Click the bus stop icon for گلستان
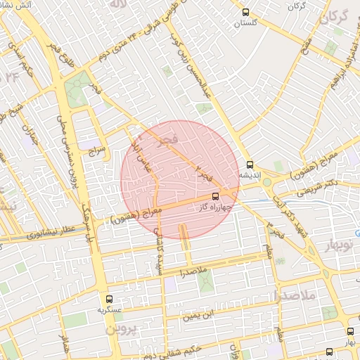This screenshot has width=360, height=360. click(x=245, y=12)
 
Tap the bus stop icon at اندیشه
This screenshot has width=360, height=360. click(x=250, y=164)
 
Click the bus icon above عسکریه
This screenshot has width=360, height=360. click(x=108, y=299)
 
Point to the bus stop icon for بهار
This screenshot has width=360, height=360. click(x=350, y=330)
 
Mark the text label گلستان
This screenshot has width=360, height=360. click(x=245, y=23)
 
